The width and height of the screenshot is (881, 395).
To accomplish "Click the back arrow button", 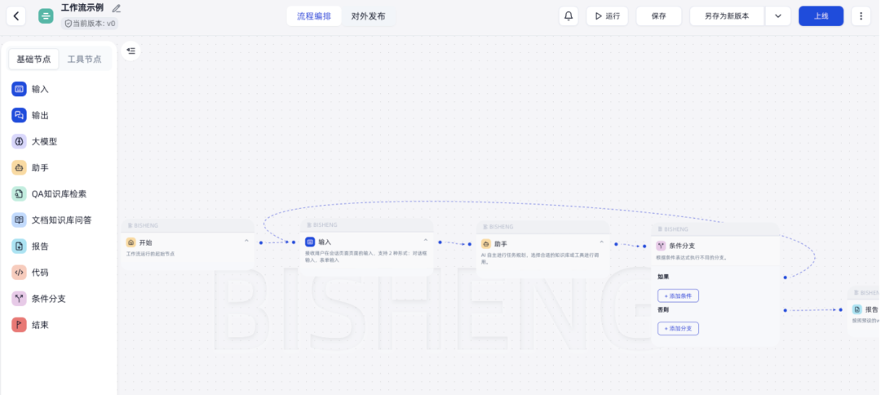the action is (16, 16).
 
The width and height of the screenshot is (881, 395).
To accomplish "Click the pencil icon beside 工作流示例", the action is (117, 8).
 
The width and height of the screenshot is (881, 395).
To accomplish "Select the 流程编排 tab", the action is (314, 16).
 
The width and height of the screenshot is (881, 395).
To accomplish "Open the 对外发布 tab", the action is (368, 16).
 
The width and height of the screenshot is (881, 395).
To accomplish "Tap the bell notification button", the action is (569, 16).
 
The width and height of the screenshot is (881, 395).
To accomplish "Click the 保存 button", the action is (658, 16).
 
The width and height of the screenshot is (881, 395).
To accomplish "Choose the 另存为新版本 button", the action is (727, 16).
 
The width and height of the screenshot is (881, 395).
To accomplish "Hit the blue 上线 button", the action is (821, 16).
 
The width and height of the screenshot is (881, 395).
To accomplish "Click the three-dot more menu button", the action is (861, 16).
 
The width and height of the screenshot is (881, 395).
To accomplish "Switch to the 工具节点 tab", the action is (85, 60).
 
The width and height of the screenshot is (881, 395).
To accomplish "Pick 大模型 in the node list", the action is (44, 141).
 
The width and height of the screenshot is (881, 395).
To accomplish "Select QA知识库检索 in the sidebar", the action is (59, 194).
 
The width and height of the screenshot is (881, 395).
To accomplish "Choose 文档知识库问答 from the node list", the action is (61, 220).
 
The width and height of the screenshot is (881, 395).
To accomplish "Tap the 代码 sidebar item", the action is (40, 273).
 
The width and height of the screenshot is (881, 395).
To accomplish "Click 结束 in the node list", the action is (40, 325).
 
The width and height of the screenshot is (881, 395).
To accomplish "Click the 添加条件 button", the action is (678, 295).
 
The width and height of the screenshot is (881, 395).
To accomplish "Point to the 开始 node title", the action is (145, 242).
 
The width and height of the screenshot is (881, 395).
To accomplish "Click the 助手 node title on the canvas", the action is (501, 243).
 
